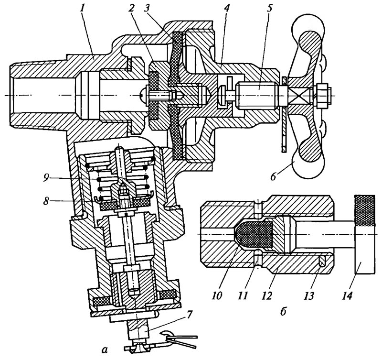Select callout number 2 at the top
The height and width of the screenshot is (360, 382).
pyautogui.click(x=131, y=9)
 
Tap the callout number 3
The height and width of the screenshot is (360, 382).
pyautogui.click(x=147, y=9)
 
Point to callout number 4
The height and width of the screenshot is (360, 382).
pyautogui.click(x=227, y=9)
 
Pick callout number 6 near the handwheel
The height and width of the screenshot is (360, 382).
pyautogui.click(x=273, y=176)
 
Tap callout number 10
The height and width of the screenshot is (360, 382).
pyautogui.click(x=218, y=295)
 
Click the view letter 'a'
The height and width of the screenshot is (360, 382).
pyautogui.click(x=105, y=350)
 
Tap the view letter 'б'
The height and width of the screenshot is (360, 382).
pyautogui.click(x=283, y=311)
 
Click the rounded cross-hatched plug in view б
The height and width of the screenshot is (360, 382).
pyautogui.click(x=254, y=234)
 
